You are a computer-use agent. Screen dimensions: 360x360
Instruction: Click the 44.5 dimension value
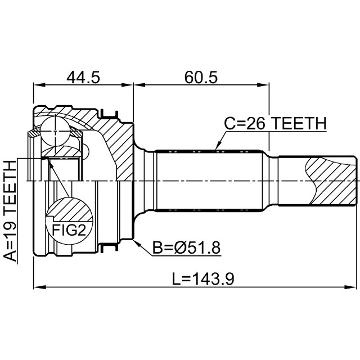pos(83,76)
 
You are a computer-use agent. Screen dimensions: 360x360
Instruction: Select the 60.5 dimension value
pos(200,76)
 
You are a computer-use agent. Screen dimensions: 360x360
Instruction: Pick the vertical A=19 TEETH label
pos(10,211)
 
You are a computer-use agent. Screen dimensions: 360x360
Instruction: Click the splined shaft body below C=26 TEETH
pos(208,180)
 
